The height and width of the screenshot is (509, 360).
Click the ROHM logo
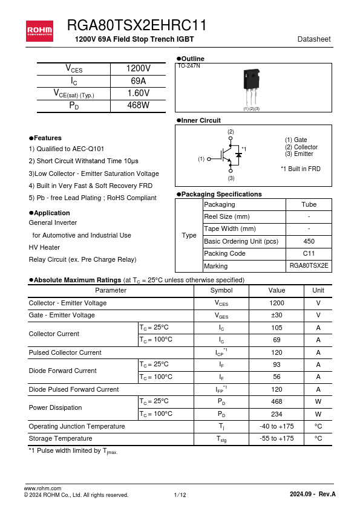point(39,30)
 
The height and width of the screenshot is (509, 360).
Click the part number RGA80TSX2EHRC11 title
point(137,25)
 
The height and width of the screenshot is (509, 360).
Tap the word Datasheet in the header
point(314,39)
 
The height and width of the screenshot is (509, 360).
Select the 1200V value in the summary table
point(138,69)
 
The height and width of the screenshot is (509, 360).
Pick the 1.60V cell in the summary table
point(138,93)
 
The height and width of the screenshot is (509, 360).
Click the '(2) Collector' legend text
point(301,147)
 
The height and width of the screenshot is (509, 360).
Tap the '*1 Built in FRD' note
point(301,169)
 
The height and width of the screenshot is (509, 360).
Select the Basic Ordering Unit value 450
point(309,241)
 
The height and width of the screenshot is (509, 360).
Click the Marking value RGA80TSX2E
point(309,266)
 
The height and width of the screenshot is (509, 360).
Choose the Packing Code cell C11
point(309,253)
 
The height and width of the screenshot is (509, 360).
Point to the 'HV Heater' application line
point(44,247)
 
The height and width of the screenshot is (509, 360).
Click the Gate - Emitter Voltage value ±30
point(277,315)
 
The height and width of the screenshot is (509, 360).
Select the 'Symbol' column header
point(221,290)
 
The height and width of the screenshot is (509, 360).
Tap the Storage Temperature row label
point(61,438)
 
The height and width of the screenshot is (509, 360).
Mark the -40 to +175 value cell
point(277,426)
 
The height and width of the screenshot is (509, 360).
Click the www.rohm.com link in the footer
point(42,488)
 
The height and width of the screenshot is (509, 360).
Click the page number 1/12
point(180,495)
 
